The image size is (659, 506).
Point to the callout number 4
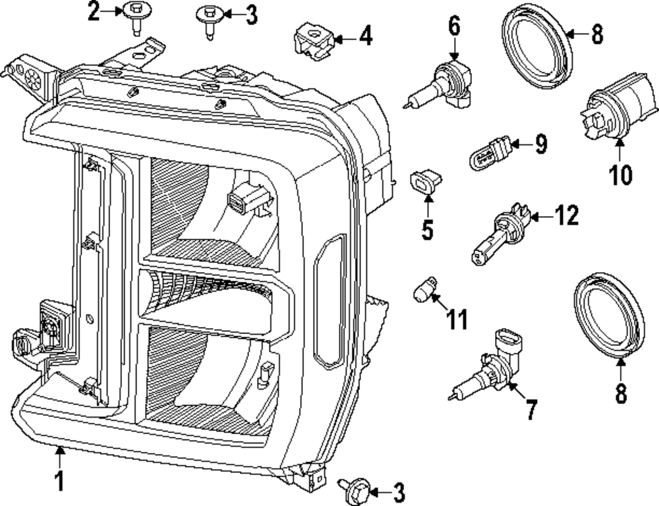click(364, 36)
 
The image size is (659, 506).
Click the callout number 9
click(540, 144)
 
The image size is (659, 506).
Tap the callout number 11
click(455, 320)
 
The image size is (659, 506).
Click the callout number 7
click(531, 409)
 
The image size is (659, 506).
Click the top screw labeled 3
click(210, 20)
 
